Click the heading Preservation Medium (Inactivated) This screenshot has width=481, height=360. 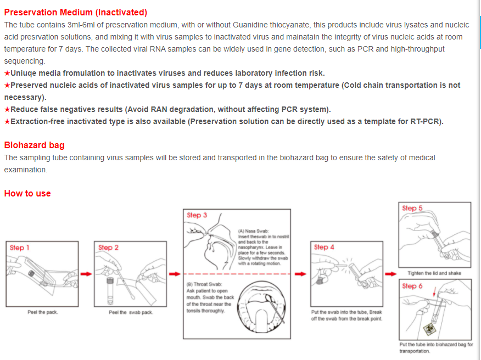coord(76,12)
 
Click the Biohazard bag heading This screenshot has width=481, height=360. coord(34,145)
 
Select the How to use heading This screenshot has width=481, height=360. coord(27,193)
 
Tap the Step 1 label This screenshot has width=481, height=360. coord(20,248)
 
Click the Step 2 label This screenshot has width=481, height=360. coord(108,248)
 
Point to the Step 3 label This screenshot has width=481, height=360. coord(197,215)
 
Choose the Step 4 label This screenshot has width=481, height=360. coord(324,248)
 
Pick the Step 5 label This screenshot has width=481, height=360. coord(412,209)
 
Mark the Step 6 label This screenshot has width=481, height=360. coord(412,286)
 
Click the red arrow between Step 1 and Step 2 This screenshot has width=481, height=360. coord(85,273)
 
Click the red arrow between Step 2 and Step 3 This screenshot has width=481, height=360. coord(174,273)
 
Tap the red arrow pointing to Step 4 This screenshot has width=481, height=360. coord(301,273)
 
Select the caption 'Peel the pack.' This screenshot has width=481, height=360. coord(42,312)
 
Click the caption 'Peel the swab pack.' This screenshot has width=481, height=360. coord(131,312)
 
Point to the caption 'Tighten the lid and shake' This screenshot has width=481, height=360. coord(434,273)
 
